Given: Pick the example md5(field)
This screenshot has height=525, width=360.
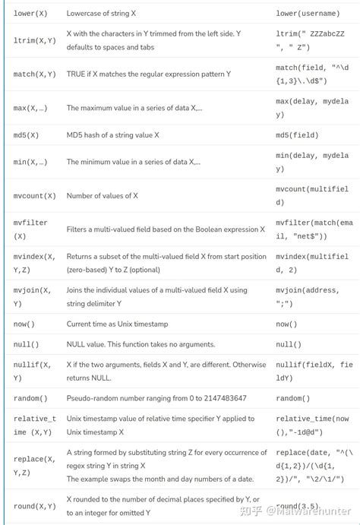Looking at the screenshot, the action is tap(297, 134).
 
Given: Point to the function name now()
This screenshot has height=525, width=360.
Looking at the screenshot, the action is tap(24, 324).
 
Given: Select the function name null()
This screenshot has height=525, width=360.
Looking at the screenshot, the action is tap(27, 344).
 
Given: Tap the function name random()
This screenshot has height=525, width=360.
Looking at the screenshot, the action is tap(30, 398).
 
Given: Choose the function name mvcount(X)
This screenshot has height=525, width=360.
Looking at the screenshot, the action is tap(35, 195).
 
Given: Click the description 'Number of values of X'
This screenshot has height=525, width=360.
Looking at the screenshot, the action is tap(103, 195).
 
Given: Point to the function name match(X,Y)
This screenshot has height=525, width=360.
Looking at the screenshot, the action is tap(35, 74).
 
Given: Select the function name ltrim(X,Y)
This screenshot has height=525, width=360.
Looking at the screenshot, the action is tap(35, 41).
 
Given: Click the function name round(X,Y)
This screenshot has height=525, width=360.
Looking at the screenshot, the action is tap(35, 507).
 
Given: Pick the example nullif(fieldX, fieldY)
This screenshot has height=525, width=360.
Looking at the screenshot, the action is tap(312, 372).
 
